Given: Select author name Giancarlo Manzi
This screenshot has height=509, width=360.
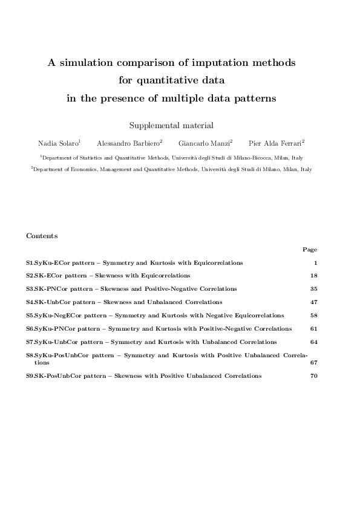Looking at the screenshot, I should [x=204, y=143].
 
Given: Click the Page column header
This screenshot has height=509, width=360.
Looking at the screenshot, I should [x=310, y=248].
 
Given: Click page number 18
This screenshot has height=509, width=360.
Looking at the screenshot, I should [x=313, y=276].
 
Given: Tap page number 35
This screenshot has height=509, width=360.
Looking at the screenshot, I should [x=313, y=289].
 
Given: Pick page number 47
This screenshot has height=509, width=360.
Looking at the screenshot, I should [x=313, y=302].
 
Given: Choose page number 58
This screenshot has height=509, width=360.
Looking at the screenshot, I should [x=313, y=316].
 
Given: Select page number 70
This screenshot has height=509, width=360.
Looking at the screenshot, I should [x=313, y=376].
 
